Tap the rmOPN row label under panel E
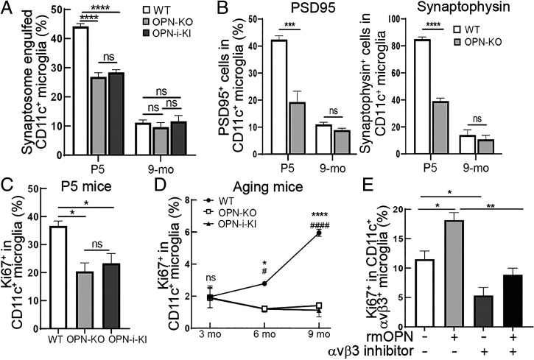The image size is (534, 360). tap(376, 335)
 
